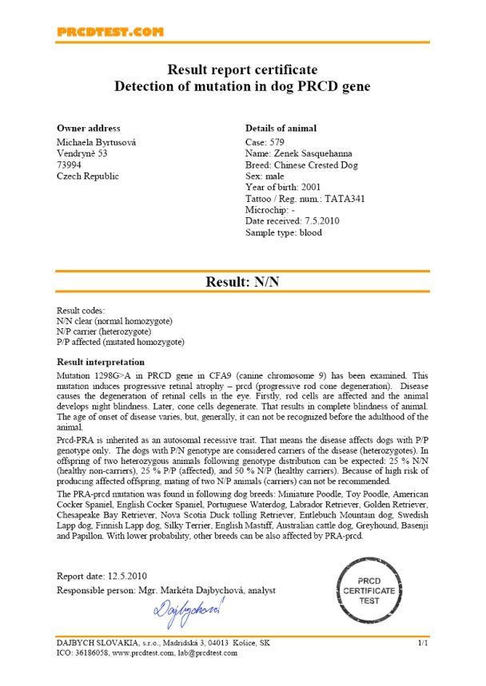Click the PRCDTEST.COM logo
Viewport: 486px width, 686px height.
coord(110,32)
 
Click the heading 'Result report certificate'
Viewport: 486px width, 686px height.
coord(242,70)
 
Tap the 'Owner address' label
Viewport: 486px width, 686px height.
coord(88,128)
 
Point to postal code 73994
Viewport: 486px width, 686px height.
coord(70,165)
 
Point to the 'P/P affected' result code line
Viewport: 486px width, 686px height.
coord(120,342)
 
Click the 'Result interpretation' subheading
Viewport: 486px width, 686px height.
coord(100,361)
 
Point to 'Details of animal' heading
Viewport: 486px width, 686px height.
coord(280,128)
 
